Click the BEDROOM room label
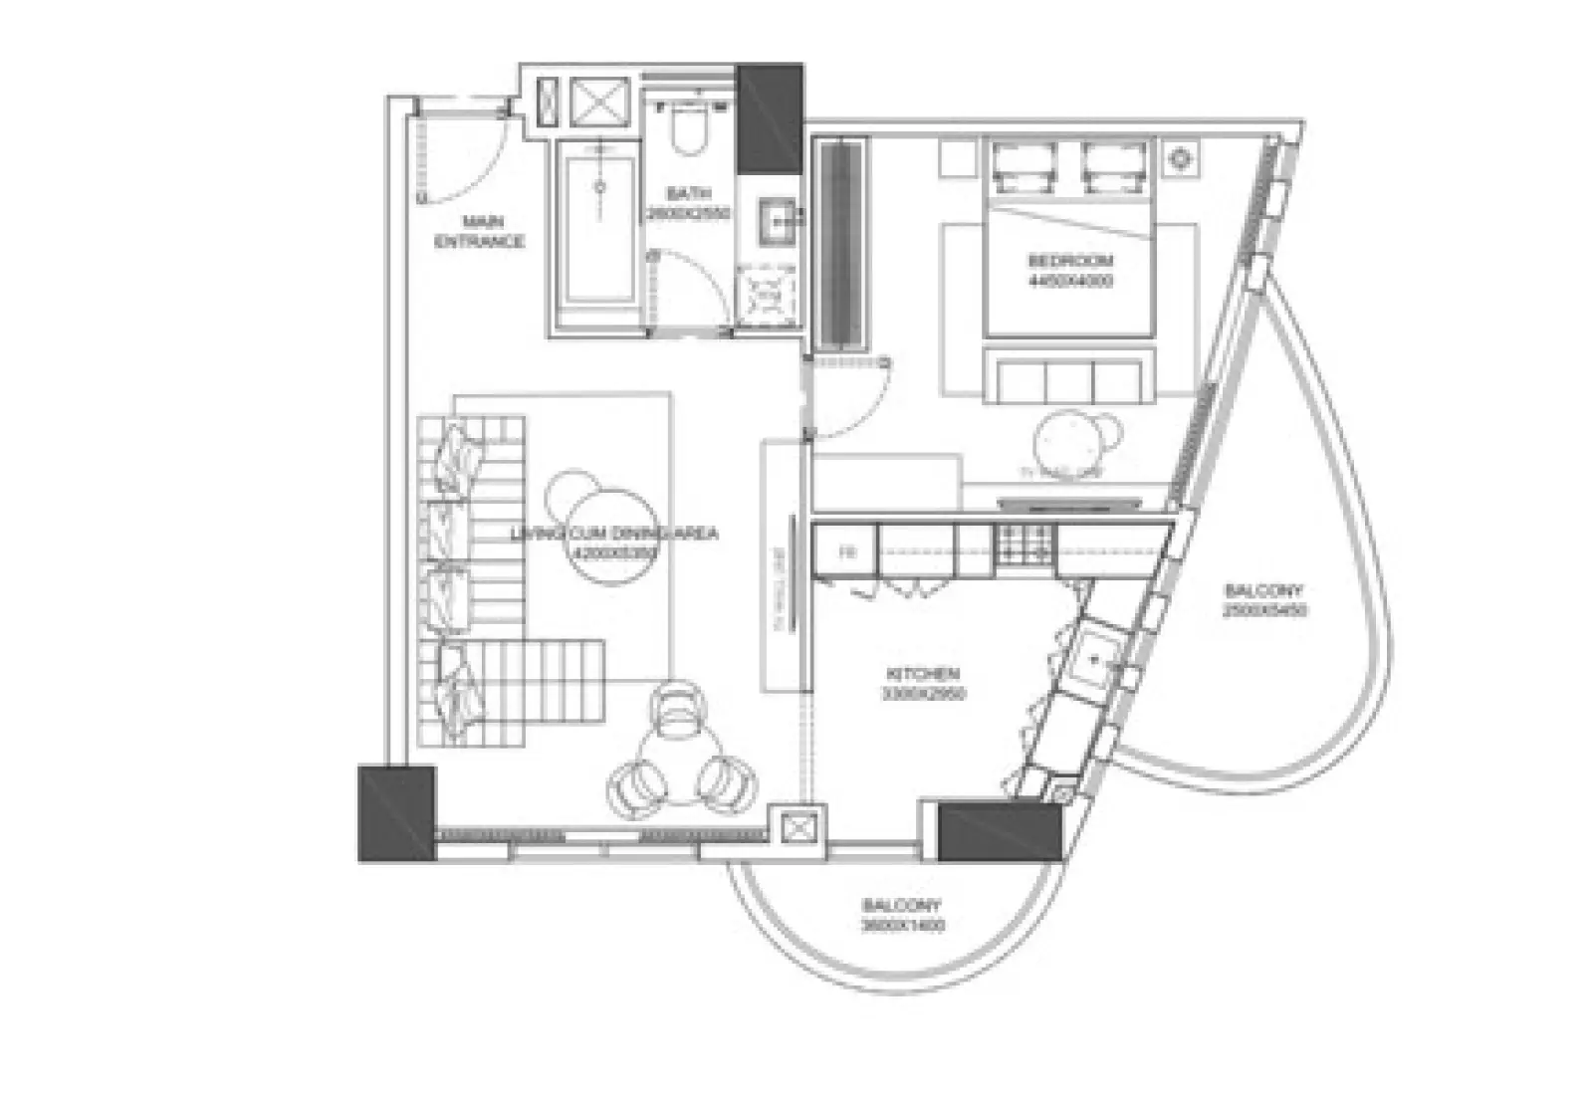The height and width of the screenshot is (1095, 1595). click(x=1070, y=262)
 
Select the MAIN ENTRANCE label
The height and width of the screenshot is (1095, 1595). click(x=481, y=231)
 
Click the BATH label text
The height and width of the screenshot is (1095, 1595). click(x=689, y=194)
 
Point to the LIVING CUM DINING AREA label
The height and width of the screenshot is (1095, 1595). click(x=613, y=535)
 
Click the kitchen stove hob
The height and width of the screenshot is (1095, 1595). click(x=1024, y=546)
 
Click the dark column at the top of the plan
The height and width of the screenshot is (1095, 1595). click(x=769, y=117)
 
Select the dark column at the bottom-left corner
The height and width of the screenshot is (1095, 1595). click(x=395, y=812)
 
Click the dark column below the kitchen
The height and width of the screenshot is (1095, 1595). click(x=1000, y=830)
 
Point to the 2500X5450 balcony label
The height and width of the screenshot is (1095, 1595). click(x=1263, y=600)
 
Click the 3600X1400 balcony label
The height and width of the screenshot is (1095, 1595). click(x=902, y=915)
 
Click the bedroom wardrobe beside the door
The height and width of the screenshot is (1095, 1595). click(x=842, y=244)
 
